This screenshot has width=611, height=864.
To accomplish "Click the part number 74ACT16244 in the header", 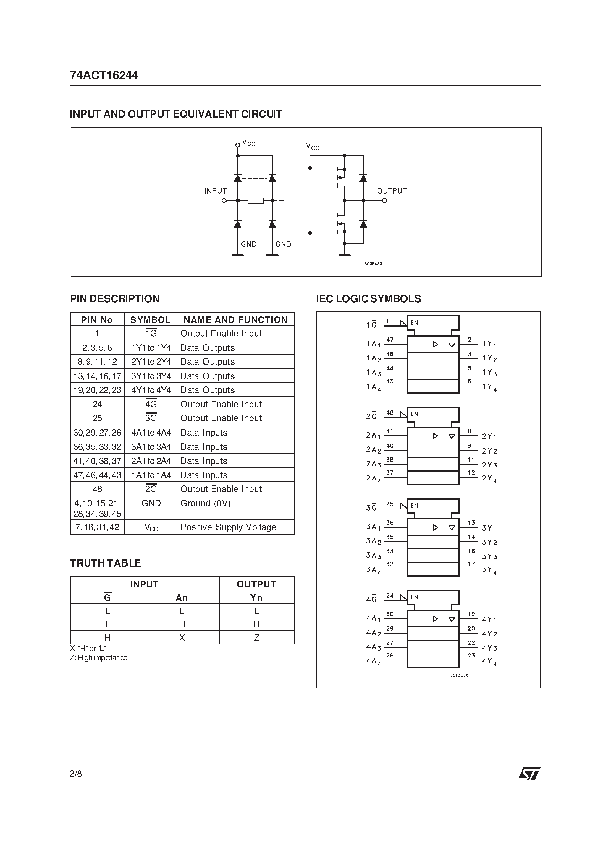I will pos(104,76).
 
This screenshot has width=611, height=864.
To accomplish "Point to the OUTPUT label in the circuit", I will pos(392,191).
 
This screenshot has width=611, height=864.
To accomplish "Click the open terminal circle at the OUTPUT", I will pos(384,201).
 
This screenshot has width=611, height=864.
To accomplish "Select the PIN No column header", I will pos(97,320).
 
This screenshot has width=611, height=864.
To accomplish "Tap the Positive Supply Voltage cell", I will pos(236,527).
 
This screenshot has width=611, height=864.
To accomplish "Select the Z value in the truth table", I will pos(256,637).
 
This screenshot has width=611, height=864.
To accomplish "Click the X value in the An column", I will pos(182,637).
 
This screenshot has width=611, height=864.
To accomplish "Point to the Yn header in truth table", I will pos(256,597).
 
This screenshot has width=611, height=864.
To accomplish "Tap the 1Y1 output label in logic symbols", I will pos(489,344).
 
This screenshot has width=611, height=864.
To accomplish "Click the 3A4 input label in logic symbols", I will pos(373,570).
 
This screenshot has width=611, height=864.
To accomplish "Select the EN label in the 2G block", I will pos(414,414).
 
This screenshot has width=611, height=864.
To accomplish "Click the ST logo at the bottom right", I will pos(529,773).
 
